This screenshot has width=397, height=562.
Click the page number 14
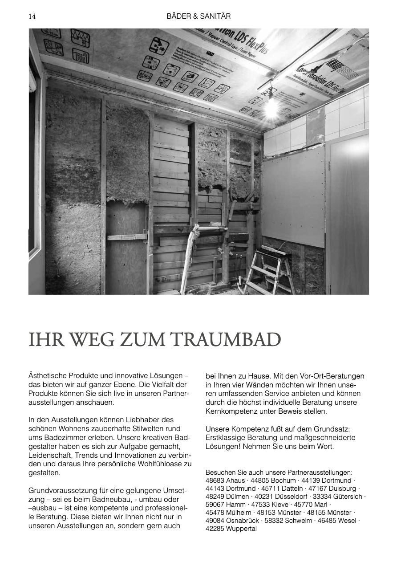32,16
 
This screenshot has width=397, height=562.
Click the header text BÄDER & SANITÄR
198,16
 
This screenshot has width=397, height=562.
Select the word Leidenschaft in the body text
50,455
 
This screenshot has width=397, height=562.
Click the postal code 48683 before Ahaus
216,481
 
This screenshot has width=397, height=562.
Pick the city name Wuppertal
241,529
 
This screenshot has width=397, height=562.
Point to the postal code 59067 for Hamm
216,505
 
